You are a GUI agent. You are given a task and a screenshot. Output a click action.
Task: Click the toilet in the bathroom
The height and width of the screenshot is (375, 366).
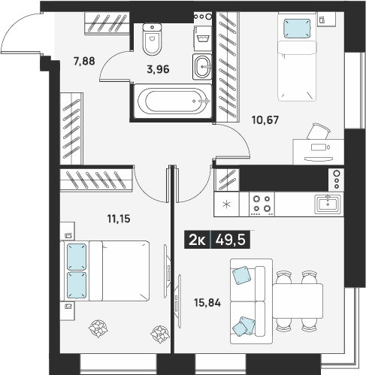pyautogui.click(x=152, y=39)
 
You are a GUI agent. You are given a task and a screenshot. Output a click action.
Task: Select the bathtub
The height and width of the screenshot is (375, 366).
pyautogui.click(x=173, y=101)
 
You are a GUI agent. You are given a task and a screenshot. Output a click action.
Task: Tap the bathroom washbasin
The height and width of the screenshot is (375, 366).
pyautogui.click(x=202, y=67)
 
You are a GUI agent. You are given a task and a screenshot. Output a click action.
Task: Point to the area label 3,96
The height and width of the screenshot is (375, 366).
pyautogui.click(x=158, y=69)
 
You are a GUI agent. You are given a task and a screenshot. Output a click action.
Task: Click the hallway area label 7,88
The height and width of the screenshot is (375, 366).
pyautogui.click(x=84, y=61)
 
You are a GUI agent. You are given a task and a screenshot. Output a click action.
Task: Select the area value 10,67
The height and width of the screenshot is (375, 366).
pyautogui.click(x=265, y=120)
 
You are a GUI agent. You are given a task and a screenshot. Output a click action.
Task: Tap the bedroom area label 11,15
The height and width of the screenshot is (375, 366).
pyautogui.click(x=119, y=219)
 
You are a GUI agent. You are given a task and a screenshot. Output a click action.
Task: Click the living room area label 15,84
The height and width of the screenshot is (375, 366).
pyautogui.click(x=207, y=303)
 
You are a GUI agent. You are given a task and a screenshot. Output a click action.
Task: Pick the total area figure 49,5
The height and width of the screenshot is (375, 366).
pyautogui.click(x=231, y=240)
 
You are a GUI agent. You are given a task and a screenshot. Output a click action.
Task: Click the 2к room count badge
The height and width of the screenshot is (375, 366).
pyautogui.click(x=197, y=240)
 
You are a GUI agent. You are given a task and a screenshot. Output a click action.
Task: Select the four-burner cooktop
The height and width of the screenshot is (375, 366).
pyautogui.click(x=262, y=204)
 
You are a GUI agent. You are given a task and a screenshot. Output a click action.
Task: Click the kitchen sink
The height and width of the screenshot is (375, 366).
pyautogui.click(x=328, y=204)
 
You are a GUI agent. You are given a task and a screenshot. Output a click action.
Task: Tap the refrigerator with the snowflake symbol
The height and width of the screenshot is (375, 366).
pyautogui.click(x=226, y=204)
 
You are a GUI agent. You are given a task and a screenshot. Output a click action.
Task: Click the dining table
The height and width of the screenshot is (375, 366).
pyautogui.click(x=298, y=301)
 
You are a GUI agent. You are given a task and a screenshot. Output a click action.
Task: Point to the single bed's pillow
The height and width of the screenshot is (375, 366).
pyautogui.click(x=297, y=29)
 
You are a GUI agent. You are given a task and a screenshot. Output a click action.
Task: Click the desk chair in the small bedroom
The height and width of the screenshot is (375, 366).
pyautogui.click(x=318, y=131)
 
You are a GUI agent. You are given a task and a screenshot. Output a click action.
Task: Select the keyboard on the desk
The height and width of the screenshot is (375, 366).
pyautogui.click(x=319, y=159)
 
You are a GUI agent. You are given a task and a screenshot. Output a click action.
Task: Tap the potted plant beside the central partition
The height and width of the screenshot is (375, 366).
pyautogui.click(x=159, y=334)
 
